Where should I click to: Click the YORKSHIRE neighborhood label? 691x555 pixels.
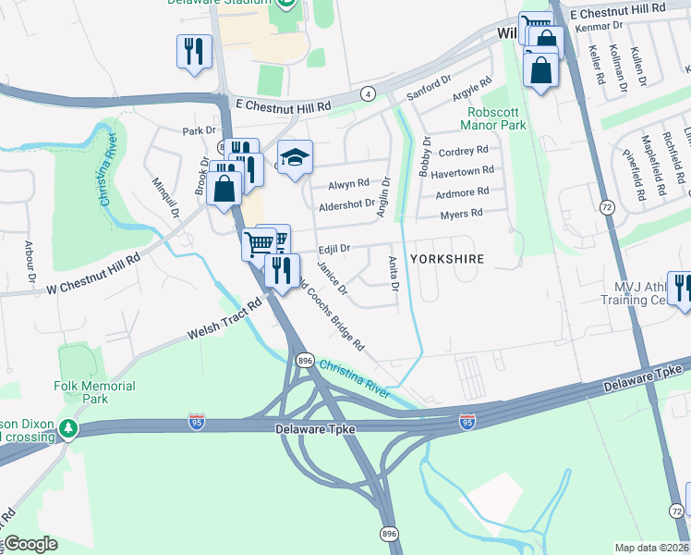tap(446, 259)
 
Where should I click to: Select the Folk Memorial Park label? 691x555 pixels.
tap(94, 392)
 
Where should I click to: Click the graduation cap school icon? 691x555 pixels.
tap(295, 158)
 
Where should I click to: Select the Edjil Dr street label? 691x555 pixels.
tap(333, 249)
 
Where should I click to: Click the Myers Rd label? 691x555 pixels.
tap(463, 213)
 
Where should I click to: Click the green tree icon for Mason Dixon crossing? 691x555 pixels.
tap(67, 429)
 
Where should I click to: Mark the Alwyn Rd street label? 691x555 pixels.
tap(348, 183)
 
